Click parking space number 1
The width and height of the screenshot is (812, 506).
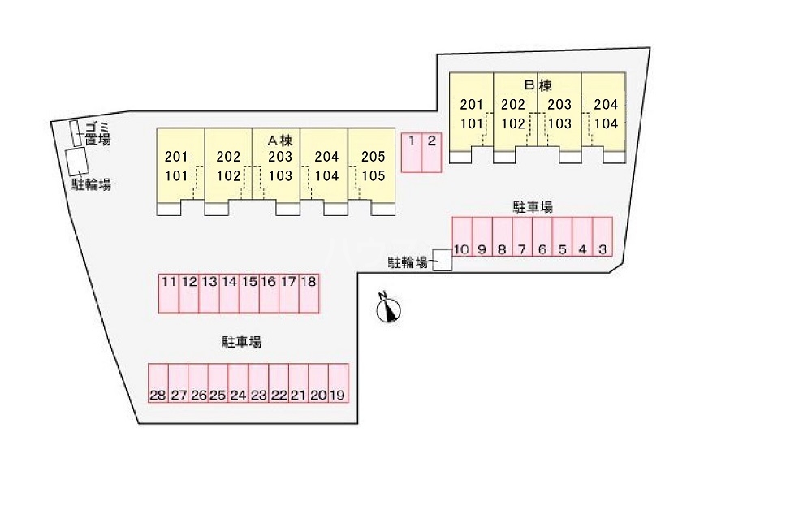point(412,152)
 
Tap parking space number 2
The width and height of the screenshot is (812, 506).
point(432,152)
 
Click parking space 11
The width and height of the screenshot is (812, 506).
point(169,292)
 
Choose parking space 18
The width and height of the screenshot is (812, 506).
point(309,292)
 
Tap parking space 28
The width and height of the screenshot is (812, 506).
point(158,383)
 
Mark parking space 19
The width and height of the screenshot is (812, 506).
point(339,383)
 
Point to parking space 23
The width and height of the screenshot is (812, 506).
point(258,383)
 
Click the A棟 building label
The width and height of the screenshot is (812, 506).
point(280,140)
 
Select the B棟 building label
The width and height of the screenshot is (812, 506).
point(538,85)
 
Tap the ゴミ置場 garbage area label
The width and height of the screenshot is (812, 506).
point(98,132)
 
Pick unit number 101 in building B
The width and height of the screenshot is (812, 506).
point(471,124)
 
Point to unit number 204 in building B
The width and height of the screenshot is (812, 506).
point(606,105)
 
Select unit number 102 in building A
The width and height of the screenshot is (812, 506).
point(229,175)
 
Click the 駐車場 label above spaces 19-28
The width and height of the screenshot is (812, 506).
point(242,343)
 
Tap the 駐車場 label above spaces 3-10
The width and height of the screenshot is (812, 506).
point(533,207)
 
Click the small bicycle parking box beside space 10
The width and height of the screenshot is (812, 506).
point(443,260)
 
